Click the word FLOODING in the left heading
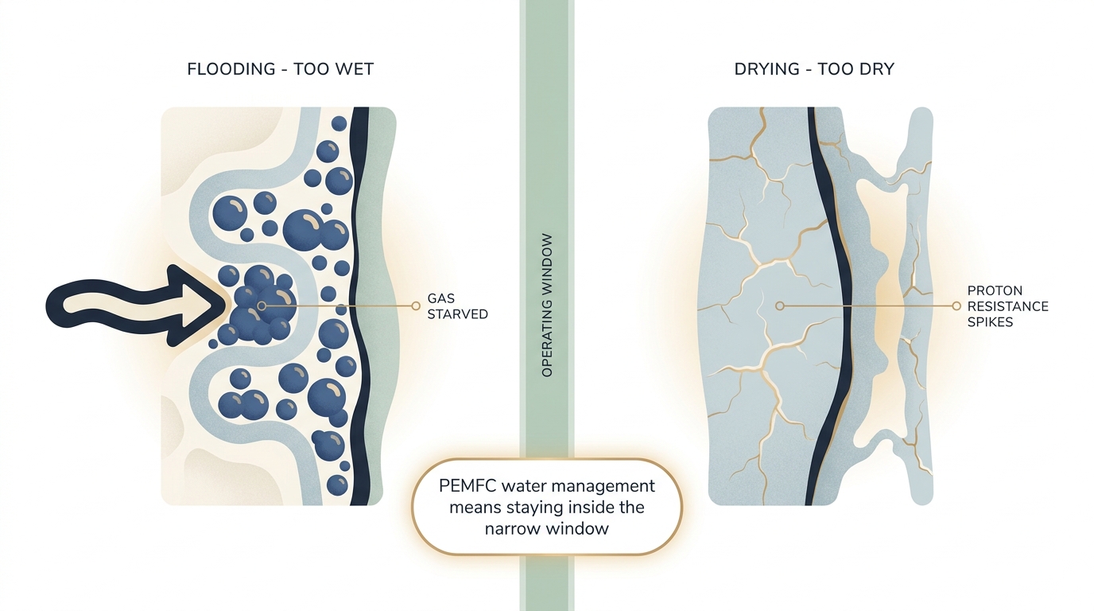[231, 69]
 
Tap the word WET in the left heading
[354, 69]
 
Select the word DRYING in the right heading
[766, 69]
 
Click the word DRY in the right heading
[875, 69]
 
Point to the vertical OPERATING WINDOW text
[547, 305]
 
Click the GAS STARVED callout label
[458, 306]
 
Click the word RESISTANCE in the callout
[1007, 306]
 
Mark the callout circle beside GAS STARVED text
[416, 306]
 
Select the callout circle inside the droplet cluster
[262, 306]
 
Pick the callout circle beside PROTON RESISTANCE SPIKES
[956, 306]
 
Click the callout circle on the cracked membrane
[780, 306]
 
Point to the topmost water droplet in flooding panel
[339, 123]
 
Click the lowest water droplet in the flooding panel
[337, 485]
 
